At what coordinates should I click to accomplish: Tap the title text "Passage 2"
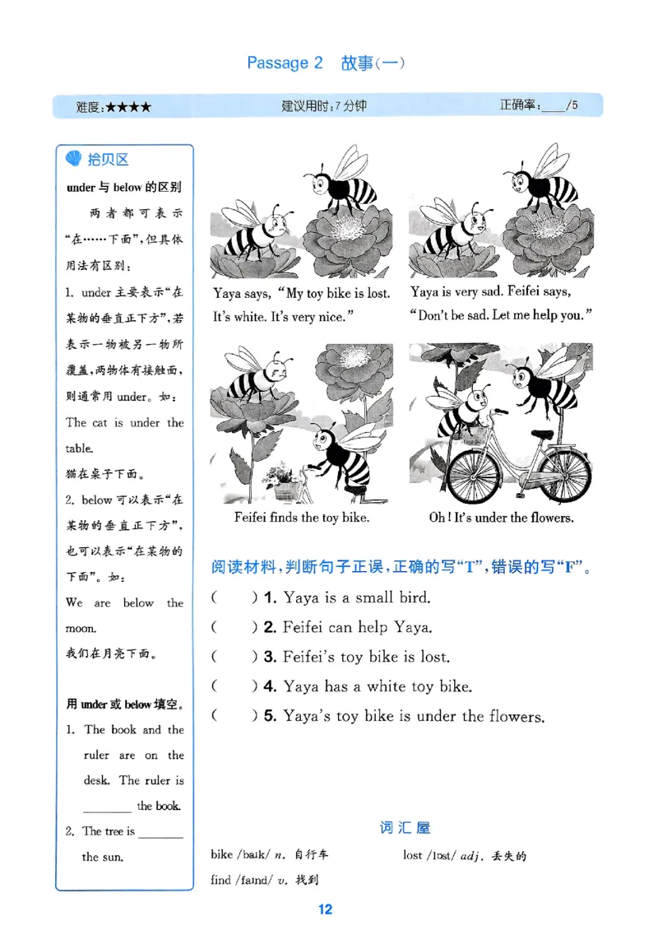coord(285,63)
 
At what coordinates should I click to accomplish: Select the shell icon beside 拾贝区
coord(73,160)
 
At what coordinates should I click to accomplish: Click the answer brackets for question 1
coord(234,598)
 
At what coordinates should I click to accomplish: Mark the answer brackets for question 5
coord(234,716)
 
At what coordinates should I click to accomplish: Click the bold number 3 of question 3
coord(268,657)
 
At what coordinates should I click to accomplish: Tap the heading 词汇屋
coord(405,827)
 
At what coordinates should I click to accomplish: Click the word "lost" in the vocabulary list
coord(413,855)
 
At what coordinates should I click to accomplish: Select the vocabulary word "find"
coord(220,880)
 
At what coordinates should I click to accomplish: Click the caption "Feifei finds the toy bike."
coord(301,518)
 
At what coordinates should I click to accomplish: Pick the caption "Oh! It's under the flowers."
coord(501,518)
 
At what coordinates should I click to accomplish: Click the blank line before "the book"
coord(107,807)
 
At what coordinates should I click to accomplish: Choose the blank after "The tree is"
coord(160,833)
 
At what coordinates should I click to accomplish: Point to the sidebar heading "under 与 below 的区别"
coord(123,187)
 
